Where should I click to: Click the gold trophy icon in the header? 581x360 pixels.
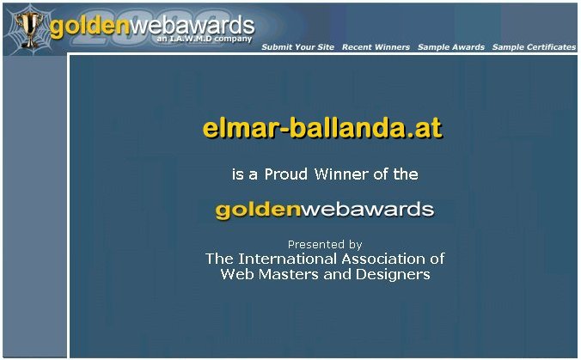[28, 29]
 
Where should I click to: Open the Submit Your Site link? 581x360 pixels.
[297, 47]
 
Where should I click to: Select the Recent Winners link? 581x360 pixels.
[376, 47]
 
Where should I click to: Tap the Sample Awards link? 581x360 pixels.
[451, 47]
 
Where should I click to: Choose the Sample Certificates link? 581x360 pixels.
[534, 47]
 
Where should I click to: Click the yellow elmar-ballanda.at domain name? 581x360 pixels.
[322, 128]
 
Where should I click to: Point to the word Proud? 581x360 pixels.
[285, 174]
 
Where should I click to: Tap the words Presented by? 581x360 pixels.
[325, 245]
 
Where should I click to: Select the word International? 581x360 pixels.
[288, 259]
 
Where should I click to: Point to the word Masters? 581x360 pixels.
[289, 274]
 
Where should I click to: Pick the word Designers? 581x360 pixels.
[393, 274]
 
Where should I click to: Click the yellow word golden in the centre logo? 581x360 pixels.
[258, 211]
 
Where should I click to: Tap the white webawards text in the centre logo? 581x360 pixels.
[367, 210]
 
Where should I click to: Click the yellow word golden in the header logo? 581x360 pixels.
[89, 27]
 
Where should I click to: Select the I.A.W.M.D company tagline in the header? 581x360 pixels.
[204, 39]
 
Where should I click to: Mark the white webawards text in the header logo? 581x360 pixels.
[192, 25]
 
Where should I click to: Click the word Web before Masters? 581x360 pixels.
[237, 274]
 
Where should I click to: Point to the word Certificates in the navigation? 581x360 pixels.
[552, 47]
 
